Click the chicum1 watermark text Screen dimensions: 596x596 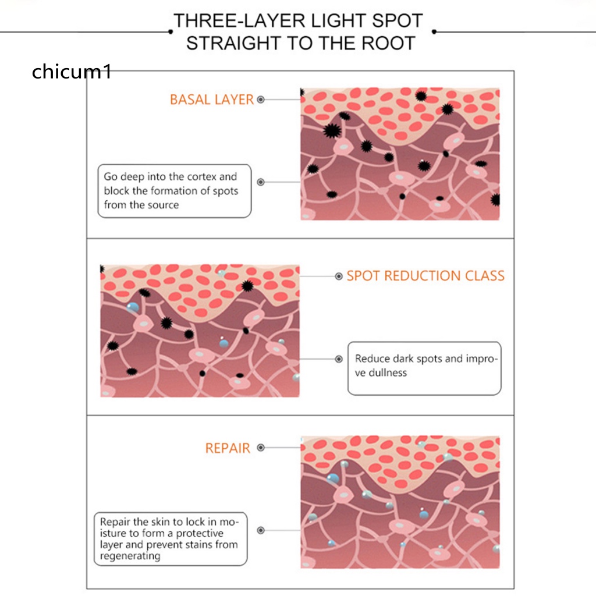pyautogui.click(x=71, y=72)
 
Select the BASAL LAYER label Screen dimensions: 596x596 pyautogui.click(x=212, y=100)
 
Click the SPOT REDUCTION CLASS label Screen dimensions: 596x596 pyautogui.click(x=425, y=276)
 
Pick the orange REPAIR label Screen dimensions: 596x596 pyautogui.click(x=228, y=448)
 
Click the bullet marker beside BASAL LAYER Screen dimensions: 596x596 pyautogui.click(x=261, y=100)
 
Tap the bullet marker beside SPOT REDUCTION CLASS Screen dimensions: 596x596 pyautogui.click(x=339, y=276)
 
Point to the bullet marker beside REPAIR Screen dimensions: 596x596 pyautogui.click(x=261, y=448)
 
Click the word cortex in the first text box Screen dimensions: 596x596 pyautogui.click(x=202, y=176)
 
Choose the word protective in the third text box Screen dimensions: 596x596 pyautogui.click(x=199, y=533)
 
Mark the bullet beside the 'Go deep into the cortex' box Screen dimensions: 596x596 pyautogui.click(x=261, y=182)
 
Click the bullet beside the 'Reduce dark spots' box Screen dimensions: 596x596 pyautogui.click(x=339, y=359)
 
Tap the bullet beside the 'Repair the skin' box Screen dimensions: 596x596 pyautogui.click(x=261, y=530)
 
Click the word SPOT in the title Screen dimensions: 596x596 pyautogui.click(x=399, y=21)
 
